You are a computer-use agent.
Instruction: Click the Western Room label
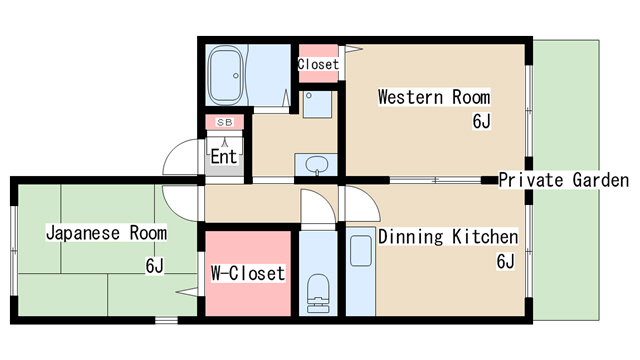434,97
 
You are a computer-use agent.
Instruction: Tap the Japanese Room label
106,233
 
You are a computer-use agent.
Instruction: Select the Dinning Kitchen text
448,237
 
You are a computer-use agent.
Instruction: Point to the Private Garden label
564,180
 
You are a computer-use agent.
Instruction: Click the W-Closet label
248,273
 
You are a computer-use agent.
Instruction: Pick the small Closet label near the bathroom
318,64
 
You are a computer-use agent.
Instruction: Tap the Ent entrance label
224,156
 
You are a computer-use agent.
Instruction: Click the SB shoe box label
224,122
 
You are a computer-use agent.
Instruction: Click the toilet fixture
318,293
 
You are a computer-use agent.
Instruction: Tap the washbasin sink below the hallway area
317,165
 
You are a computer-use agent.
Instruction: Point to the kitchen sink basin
361,251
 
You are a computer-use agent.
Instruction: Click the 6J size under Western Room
481,121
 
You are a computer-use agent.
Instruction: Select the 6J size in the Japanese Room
155,266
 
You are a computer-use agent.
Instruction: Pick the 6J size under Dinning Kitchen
505,261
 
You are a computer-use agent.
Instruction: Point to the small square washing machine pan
317,104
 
